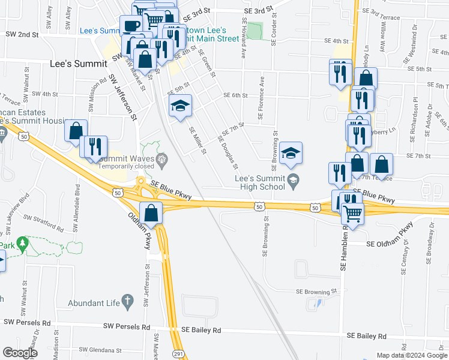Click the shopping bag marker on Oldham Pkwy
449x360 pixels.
(x=152, y=213)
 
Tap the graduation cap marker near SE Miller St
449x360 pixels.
(x=180, y=107)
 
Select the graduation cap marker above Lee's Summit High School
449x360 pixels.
(x=291, y=154)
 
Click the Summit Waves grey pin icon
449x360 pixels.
(x=161, y=159)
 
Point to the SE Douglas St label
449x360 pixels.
(x=228, y=153)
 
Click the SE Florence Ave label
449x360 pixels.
(x=262, y=98)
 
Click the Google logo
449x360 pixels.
(x=19, y=352)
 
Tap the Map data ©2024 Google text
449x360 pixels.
(x=411, y=355)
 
